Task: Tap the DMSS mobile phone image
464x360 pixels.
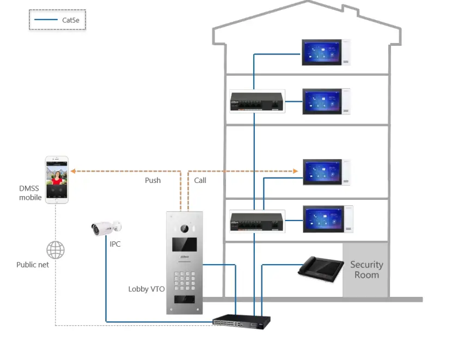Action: point(57,180)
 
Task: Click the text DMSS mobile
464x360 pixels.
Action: point(30,193)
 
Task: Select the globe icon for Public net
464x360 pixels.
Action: point(55,251)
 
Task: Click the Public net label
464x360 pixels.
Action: point(33,265)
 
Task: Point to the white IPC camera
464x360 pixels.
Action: point(105,228)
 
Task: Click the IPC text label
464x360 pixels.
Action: point(115,245)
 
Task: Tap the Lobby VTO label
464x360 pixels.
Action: point(146,289)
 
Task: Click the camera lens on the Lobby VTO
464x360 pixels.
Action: point(184,228)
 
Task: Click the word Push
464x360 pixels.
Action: point(152,180)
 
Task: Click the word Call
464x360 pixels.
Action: point(200,180)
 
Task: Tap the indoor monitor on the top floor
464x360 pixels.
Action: point(326,53)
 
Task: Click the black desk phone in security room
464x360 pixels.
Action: point(321,268)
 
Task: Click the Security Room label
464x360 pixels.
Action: point(367,270)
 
